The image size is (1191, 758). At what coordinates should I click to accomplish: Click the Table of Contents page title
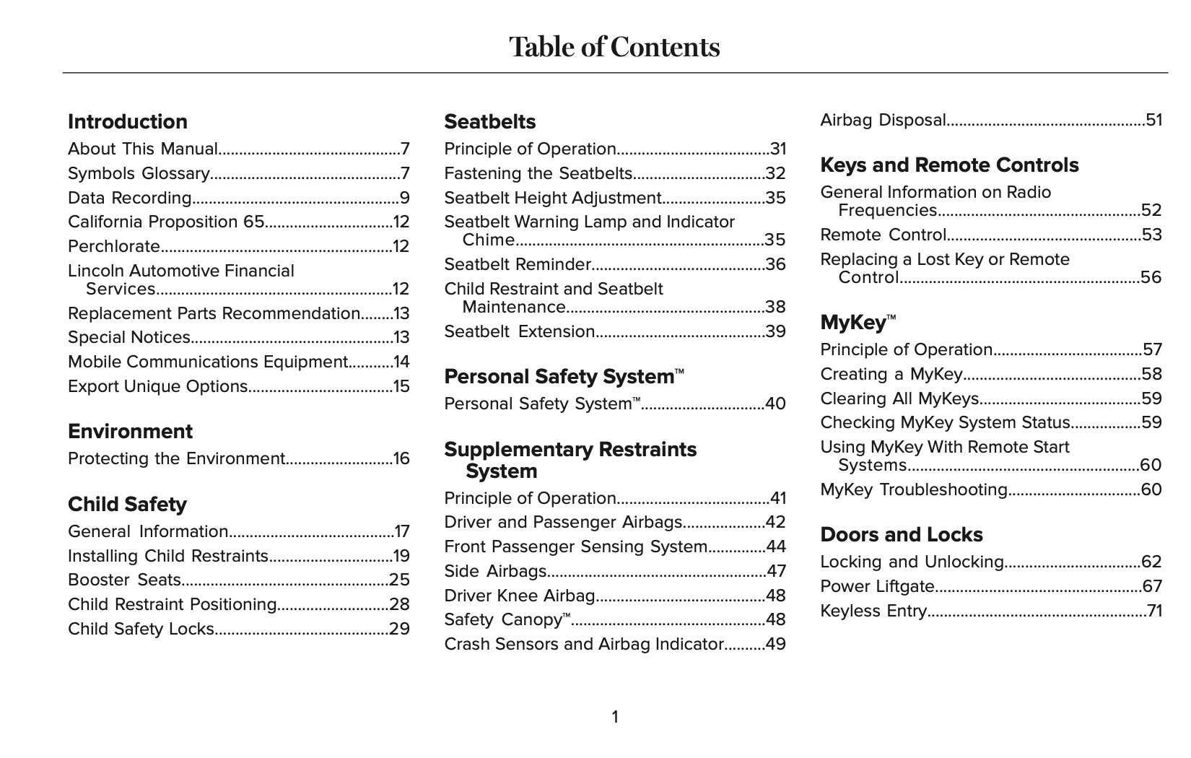(614, 47)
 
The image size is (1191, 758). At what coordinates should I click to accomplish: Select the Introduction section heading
(128, 121)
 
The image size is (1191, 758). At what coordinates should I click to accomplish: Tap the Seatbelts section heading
(490, 121)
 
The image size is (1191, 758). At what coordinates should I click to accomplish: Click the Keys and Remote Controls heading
(949, 165)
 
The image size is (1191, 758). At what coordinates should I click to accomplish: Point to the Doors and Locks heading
(902, 535)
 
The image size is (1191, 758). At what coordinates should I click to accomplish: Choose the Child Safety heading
(127, 504)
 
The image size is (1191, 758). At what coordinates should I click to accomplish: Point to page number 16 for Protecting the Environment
(401, 458)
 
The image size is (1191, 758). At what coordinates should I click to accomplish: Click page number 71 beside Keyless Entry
(1154, 611)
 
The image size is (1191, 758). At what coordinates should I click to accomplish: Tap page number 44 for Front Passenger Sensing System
(776, 546)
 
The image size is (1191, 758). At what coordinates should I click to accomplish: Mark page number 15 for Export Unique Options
(401, 386)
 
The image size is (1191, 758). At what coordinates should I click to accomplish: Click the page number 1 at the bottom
(615, 717)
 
